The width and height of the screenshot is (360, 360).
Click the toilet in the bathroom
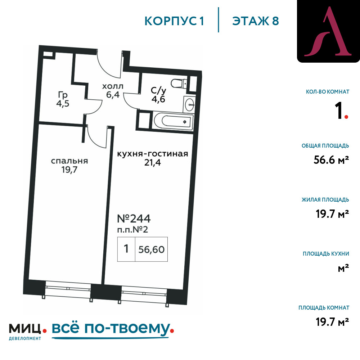click(179, 84)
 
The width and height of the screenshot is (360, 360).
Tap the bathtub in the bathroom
click(173, 121)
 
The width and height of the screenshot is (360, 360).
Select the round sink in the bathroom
click(190, 105)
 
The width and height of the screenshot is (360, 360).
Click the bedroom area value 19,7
click(69, 170)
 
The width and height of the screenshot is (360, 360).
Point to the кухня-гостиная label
click(152, 154)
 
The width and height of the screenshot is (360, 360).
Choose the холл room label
click(113, 86)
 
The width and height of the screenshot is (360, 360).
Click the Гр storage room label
click(63, 95)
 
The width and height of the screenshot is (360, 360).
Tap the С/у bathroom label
click(158, 90)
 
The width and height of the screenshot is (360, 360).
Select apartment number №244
click(134, 219)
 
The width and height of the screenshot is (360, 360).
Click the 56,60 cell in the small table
click(151, 249)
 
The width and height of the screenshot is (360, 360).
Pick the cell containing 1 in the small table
click(126, 249)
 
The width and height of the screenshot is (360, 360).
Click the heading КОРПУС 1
click(174, 21)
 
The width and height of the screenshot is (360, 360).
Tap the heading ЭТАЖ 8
click(256, 21)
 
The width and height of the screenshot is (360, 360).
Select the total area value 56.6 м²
click(331, 160)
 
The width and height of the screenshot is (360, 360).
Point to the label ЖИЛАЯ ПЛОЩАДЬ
click(325, 200)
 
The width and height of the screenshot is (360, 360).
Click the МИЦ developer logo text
click(25, 329)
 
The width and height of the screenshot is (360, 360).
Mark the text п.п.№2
click(132, 230)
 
